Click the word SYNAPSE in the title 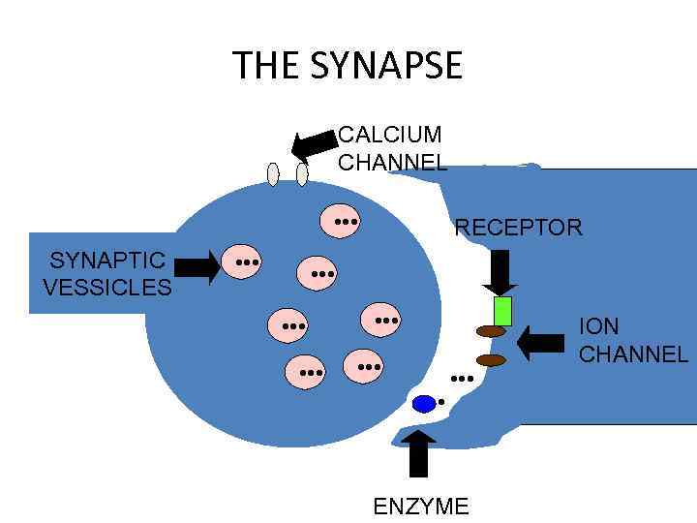tap(387, 66)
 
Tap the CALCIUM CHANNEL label tap(391, 147)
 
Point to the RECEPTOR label tap(518, 229)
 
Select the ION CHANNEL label tap(632, 340)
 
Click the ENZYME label tap(420, 506)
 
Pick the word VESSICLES tap(107, 288)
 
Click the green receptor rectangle tap(502, 311)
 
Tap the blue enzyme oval tap(424, 404)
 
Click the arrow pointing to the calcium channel tap(312, 144)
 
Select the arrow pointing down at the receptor tap(500, 272)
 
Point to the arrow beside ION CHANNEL tap(540, 341)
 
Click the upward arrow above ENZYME tap(418, 452)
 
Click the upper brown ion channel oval tap(492, 331)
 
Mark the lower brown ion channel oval tap(492, 360)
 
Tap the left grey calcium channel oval tap(273, 173)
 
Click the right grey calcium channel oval tap(302, 173)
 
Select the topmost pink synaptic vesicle tap(341, 220)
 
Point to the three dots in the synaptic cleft tap(462, 379)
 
